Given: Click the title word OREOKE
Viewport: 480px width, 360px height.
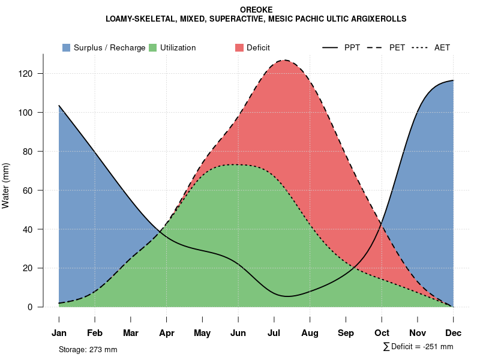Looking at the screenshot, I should pos(256,10).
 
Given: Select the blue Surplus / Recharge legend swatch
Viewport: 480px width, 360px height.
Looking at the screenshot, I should pos(66,47).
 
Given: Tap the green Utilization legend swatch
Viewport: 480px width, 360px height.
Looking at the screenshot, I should pos(152,47).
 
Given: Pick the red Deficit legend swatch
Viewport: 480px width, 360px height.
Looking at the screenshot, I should pos(239,47).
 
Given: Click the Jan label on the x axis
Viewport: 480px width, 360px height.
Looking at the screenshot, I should pos(59,333).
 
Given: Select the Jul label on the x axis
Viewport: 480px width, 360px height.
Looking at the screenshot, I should pos(274,333).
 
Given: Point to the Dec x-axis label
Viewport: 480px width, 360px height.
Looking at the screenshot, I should pos(453,333).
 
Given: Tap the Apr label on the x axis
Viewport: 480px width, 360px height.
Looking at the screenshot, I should pos(166,333).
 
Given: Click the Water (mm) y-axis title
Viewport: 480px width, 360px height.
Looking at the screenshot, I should pos(6,185).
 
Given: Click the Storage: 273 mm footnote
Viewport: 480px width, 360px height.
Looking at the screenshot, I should pos(88,349).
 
